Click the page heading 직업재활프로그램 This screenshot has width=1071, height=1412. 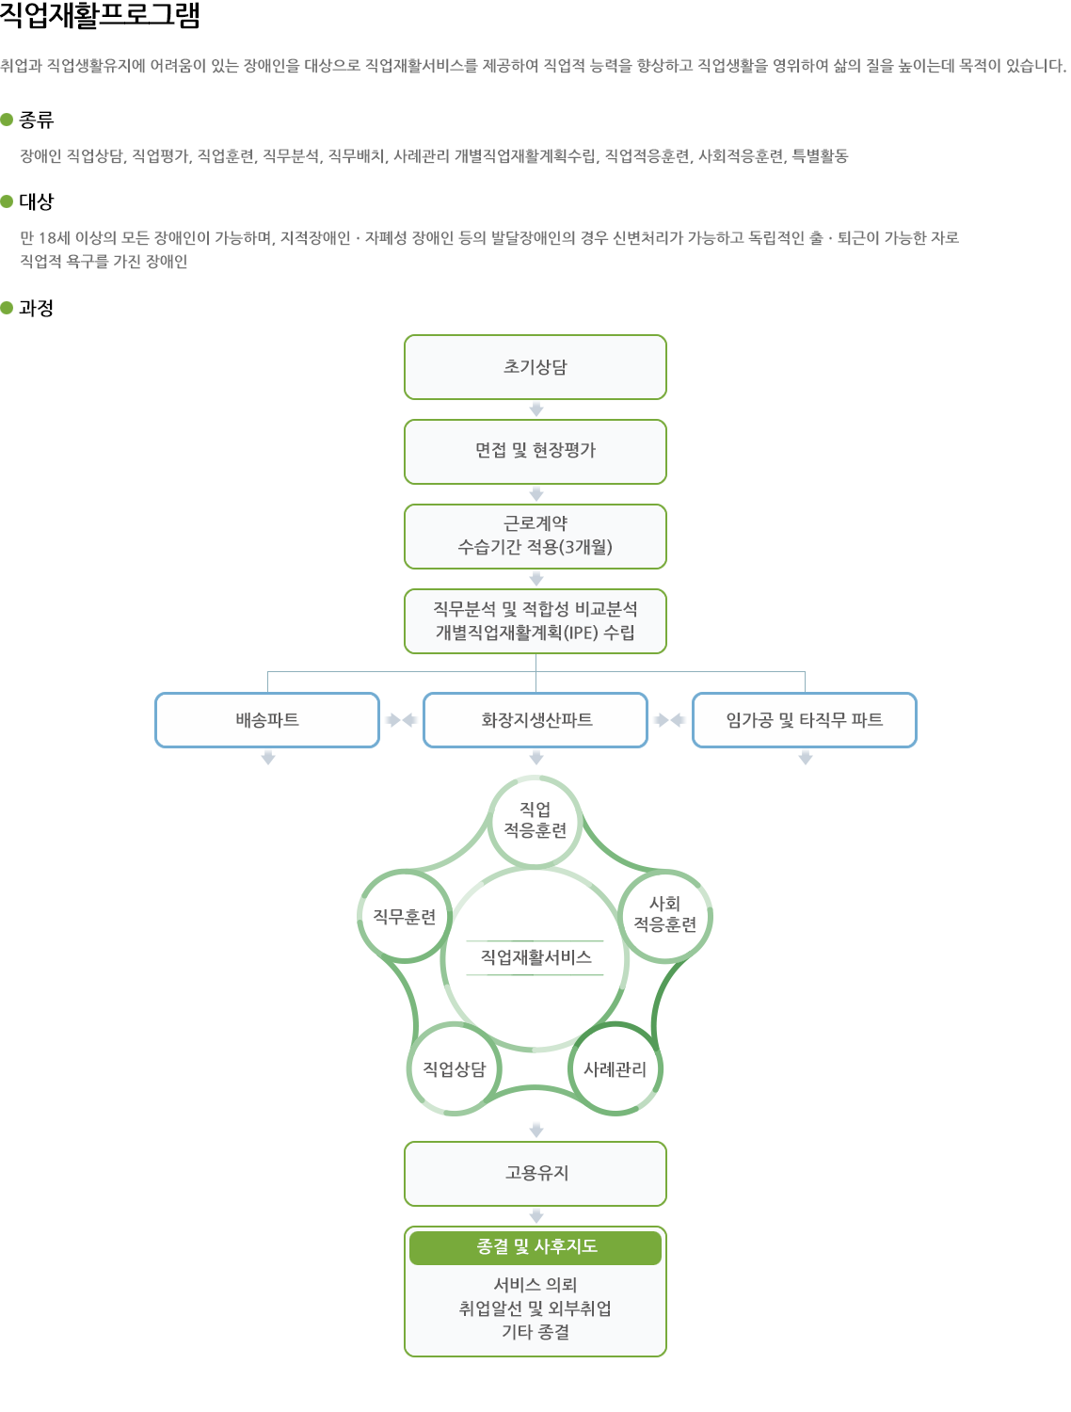click(100, 16)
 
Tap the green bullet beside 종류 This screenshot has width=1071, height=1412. click(7, 120)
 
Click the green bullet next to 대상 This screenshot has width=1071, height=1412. click(7, 201)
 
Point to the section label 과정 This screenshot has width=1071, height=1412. click(36, 308)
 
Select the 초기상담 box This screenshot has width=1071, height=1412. click(535, 367)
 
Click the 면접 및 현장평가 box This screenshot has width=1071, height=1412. click(535, 451)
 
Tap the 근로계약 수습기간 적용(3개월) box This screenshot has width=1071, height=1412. click(535, 536)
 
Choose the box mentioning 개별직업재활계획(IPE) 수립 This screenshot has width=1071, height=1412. click(535, 620)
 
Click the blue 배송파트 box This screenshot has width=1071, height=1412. click(267, 720)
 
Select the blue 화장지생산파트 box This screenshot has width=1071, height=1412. click(535, 720)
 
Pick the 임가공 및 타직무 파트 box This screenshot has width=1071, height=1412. click(805, 720)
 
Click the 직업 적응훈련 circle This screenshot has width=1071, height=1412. click(535, 821)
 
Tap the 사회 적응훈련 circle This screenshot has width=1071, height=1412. click(665, 915)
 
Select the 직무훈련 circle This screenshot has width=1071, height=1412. click(405, 916)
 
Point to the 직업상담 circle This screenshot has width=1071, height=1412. click(455, 1068)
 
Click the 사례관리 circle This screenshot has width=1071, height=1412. click(615, 1068)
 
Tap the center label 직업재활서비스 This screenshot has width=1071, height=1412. click(535, 957)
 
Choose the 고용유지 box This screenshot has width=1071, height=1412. click(535, 1173)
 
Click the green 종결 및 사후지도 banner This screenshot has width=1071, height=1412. click(535, 1246)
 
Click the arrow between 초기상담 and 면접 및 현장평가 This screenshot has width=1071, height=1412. click(536, 409)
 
